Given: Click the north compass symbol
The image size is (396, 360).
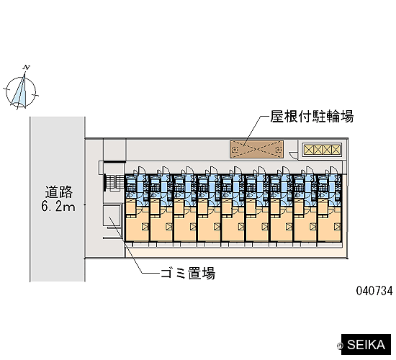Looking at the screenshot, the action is [x=21, y=91].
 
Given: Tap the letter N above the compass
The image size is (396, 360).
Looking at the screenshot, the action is [x=26, y=68].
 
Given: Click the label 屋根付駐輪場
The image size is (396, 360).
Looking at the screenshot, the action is [x=312, y=117].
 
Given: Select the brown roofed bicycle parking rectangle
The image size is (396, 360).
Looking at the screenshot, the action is [x=256, y=149].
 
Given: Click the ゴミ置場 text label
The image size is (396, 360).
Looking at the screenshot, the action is [x=188, y=273].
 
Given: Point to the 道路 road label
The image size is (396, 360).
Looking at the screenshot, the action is [x=59, y=192].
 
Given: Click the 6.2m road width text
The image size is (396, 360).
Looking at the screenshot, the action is [x=58, y=207].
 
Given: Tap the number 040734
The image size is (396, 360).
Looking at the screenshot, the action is [x=374, y=291].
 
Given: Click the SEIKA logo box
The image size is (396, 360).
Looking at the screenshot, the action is [x=366, y=345].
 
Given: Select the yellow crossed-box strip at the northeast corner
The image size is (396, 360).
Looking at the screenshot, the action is [x=322, y=150].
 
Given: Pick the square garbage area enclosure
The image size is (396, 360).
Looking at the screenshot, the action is [x=112, y=215].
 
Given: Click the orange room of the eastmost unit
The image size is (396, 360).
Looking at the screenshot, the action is [x=330, y=224].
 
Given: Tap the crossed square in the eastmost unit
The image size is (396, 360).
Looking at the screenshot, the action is [x=337, y=227].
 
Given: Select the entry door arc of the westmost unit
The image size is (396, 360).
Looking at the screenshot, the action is [x=142, y=169].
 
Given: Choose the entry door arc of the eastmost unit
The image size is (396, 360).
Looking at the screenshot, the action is [x=334, y=169].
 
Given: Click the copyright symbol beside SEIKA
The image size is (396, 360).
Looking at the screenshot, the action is [x=339, y=346].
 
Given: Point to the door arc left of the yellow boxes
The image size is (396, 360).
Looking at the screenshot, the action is [x=293, y=154].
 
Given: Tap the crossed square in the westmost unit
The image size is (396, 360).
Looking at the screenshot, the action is [x=145, y=227].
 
